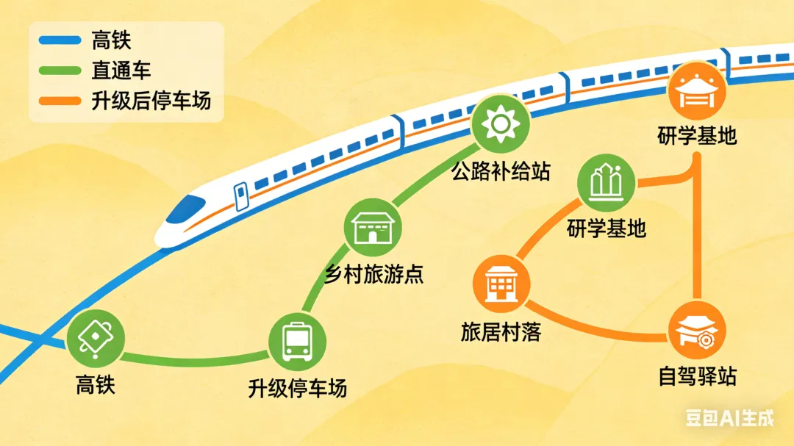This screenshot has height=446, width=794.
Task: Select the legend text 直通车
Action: (121, 70)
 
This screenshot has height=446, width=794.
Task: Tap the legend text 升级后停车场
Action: (151, 100)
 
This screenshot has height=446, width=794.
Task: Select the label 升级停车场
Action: (297, 386)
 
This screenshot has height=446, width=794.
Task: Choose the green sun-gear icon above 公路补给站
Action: (501, 124)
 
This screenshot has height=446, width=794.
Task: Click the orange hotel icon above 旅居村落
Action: (502, 284)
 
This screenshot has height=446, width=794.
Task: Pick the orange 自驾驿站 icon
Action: (696, 331)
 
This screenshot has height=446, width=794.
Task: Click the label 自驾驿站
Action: (696, 378)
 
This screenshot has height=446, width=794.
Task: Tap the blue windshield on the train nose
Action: (181, 211)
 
